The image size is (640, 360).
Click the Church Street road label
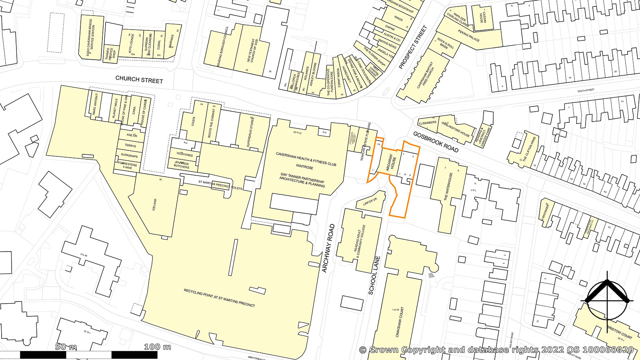[x=139, y=79]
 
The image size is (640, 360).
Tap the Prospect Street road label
[x=413, y=47]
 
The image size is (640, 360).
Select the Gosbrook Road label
[x=436, y=142]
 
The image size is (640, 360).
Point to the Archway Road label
[x=328, y=248]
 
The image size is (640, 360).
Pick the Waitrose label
[x=305, y=167]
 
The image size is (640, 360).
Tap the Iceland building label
[x=155, y=206]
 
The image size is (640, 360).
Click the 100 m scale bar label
[x=158, y=347]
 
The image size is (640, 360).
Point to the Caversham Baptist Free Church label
[x=425, y=75]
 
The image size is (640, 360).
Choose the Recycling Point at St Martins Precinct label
[x=219, y=298]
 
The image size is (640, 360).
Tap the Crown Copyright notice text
[x=496, y=350]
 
